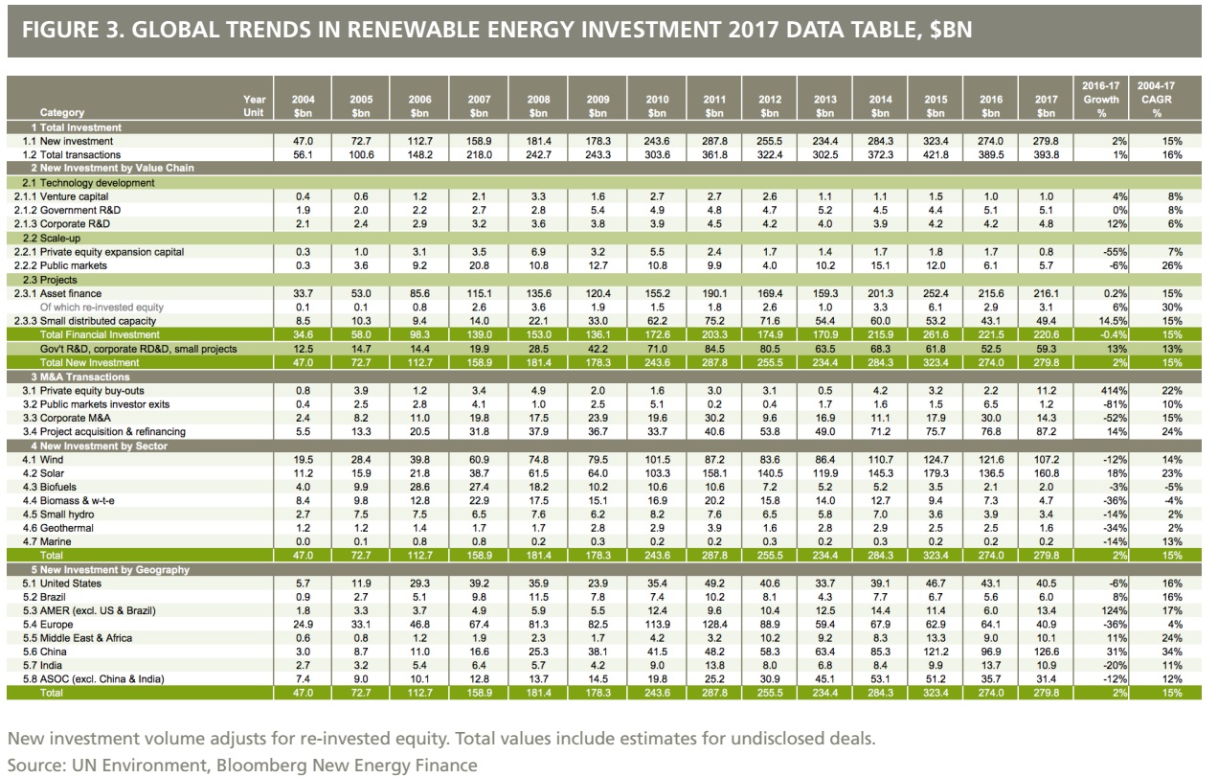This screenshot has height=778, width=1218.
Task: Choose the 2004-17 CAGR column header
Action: (1156, 99)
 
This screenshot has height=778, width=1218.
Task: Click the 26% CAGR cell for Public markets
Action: (1165, 265)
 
